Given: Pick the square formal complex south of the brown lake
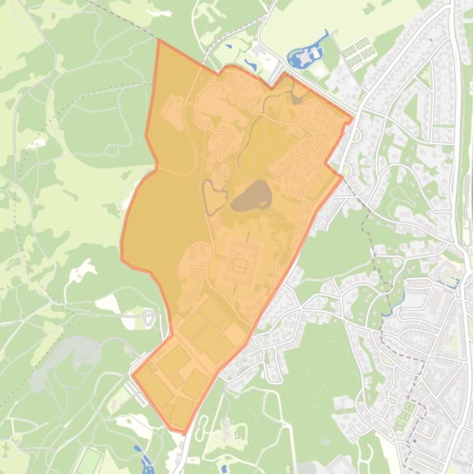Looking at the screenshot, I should coord(239,265).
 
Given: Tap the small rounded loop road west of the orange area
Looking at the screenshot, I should coord(148,318).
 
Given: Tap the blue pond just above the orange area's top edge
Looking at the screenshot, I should coord(251,64).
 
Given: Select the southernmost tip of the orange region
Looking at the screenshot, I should coord(184,433).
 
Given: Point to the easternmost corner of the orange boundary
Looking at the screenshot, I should coord(354,118).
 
